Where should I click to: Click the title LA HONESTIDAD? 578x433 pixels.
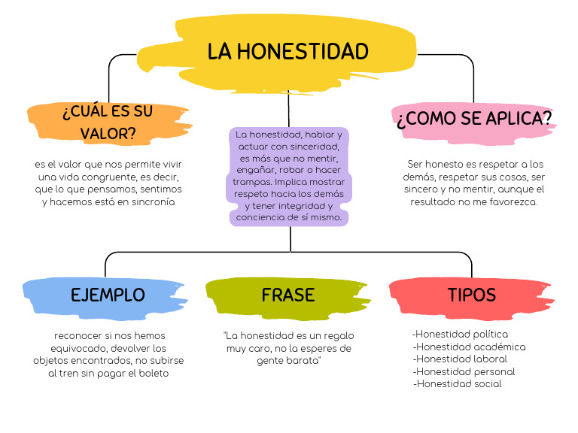coord(288,52)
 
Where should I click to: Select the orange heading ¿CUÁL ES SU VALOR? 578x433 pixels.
coord(108,123)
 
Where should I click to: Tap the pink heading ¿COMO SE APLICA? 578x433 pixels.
coord(474,119)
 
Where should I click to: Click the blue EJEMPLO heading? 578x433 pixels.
coord(108,295)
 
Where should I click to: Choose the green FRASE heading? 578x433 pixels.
coord(288,295)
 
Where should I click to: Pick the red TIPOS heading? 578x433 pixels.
coord(472,295)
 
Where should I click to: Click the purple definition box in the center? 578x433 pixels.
coord(289,176)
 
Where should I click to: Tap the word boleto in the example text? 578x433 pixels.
coord(151,374)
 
